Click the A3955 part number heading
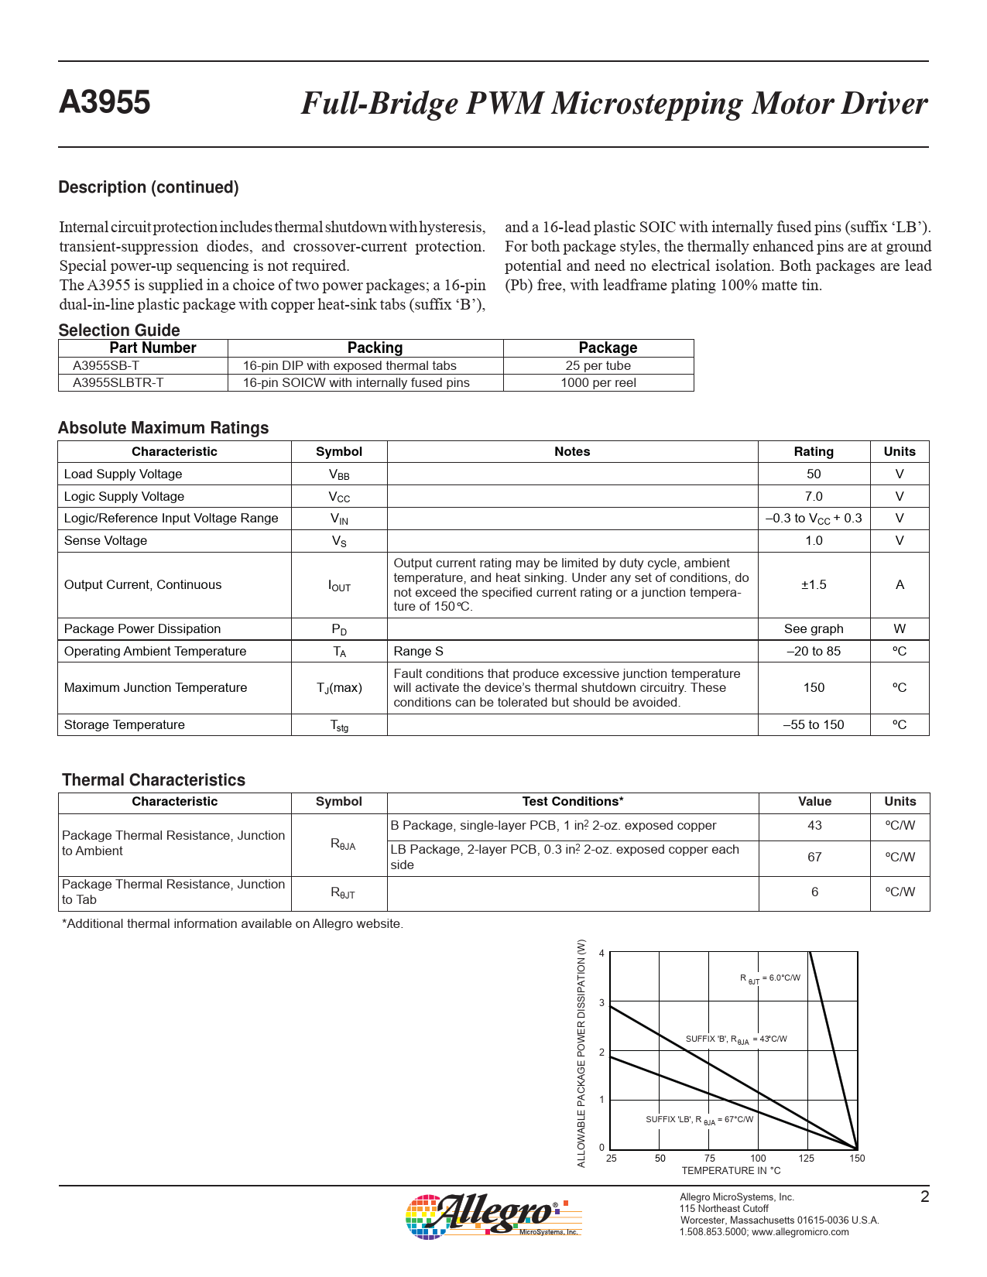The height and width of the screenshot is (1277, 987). (105, 103)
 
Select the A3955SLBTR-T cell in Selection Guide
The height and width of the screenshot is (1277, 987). (118, 383)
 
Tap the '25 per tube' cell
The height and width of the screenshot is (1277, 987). (598, 366)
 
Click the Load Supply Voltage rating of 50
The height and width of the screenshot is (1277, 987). (813, 474)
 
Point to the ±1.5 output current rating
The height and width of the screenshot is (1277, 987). (813, 585)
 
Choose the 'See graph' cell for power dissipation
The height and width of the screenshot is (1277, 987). (813, 629)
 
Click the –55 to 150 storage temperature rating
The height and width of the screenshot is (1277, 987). (813, 725)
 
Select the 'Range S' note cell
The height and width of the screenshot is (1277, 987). (418, 652)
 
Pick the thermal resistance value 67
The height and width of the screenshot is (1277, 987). (814, 858)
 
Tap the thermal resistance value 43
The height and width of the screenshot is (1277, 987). (814, 826)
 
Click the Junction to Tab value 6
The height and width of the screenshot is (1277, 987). (814, 892)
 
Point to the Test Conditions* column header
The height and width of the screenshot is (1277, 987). (572, 802)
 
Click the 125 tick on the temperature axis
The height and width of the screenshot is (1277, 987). (807, 1159)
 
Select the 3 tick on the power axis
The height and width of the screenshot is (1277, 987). (601, 1003)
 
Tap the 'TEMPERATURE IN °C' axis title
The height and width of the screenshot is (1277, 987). (731, 1171)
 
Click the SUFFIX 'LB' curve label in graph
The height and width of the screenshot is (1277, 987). (699, 1120)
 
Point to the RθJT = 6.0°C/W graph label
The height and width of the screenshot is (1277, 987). (769, 978)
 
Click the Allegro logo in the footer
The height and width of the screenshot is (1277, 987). (493, 1215)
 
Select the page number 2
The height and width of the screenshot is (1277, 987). (924, 1197)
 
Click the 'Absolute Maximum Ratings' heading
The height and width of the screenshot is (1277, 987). (163, 428)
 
